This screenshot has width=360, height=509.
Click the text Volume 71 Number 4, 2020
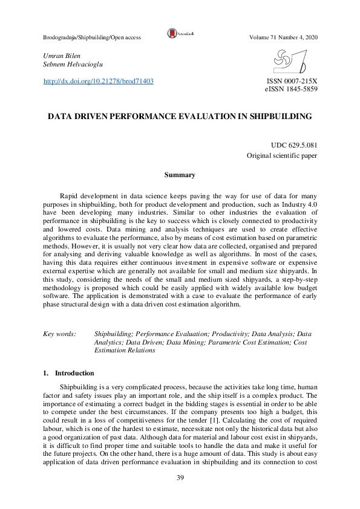pos(283,37)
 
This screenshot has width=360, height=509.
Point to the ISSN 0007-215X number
pos(292,81)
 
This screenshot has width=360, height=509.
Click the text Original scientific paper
pos(282,155)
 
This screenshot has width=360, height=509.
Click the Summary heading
pos(180,175)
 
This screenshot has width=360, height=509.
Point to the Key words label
pos(60,334)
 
